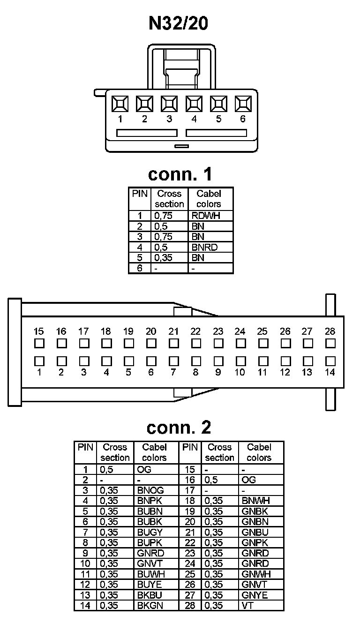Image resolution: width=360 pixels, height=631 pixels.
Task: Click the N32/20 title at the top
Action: (179, 23)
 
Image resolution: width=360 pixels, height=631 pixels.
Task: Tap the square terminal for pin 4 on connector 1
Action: (194, 103)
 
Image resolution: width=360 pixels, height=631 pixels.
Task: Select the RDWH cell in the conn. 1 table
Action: (205, 216)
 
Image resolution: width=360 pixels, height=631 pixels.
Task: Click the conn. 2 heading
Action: (179, 427)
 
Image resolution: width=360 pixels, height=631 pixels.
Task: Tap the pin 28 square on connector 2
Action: (330, 343)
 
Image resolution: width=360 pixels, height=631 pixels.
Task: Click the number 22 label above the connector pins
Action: (195, 331)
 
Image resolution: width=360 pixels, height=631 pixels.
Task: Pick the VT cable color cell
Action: (247, 605)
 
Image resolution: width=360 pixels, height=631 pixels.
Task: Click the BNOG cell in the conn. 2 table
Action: (150, 490)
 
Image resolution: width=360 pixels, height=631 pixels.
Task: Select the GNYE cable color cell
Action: (255, 595)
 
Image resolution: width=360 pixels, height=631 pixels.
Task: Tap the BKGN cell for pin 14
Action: (150, 605)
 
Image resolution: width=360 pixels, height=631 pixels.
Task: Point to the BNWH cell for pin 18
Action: (256, 501)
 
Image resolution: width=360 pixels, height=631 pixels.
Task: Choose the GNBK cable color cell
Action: (255, 511)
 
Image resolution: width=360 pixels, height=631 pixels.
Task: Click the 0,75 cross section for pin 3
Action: (163, 237)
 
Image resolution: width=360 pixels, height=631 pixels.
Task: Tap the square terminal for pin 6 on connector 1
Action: (243, 103)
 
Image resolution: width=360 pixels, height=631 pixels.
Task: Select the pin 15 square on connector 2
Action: (39, 343)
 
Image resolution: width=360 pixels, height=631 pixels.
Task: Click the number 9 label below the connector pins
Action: (218, 373)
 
